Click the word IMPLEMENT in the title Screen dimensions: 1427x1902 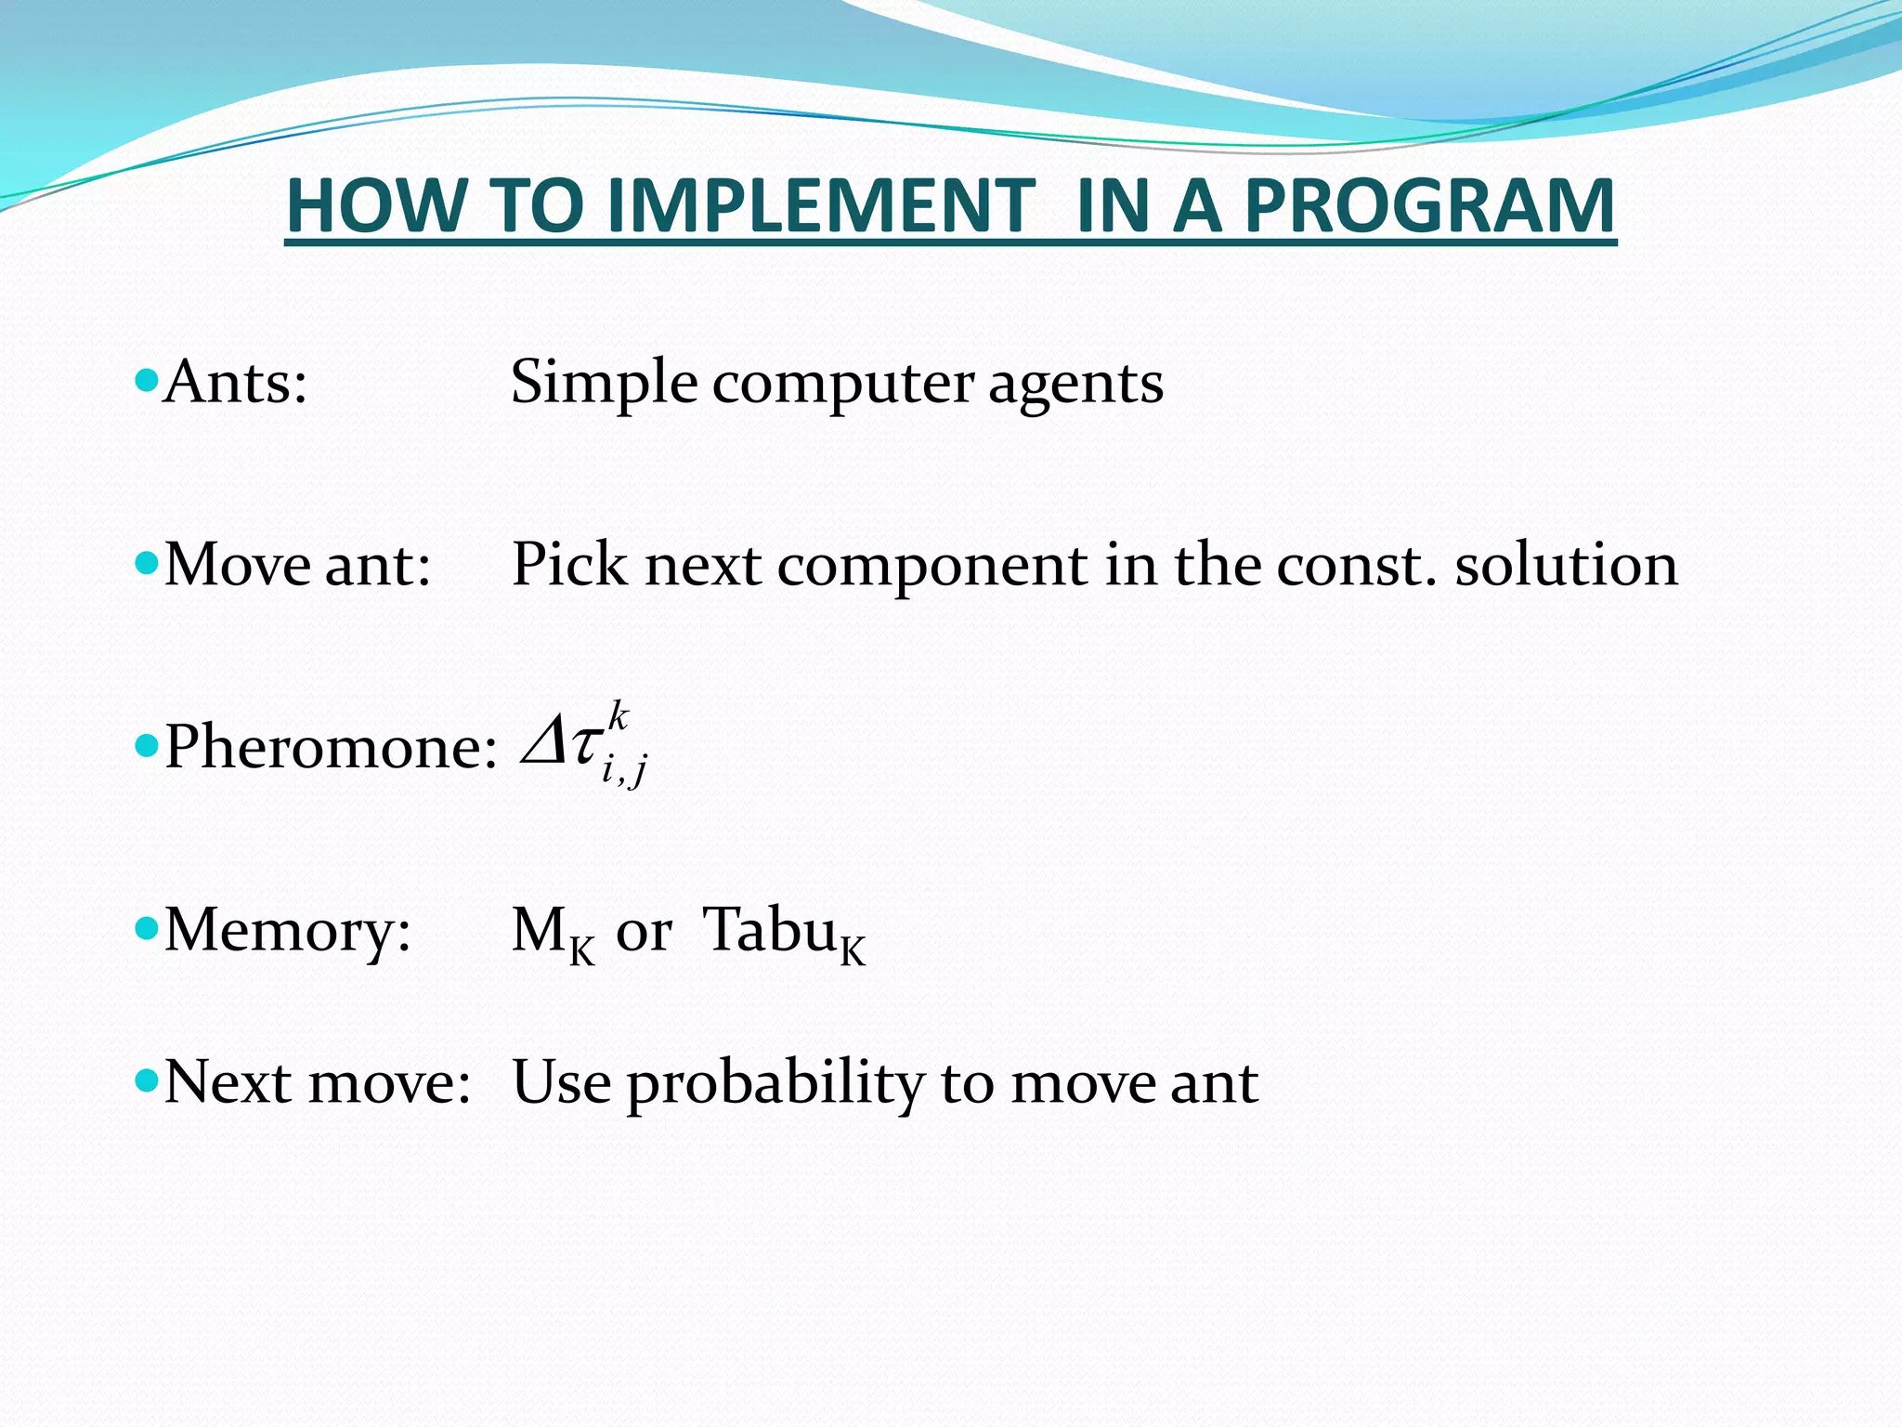(x=820, y=205)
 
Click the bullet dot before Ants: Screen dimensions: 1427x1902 (x=146, y=380)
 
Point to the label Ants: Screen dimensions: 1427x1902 (x=235, y=382)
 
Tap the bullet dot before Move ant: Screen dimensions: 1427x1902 (x=146, y=562)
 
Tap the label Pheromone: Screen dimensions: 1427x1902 (x=331, y=746)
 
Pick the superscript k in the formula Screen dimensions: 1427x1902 (x=619, y=717)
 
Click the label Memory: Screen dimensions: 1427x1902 (x=287, y=930)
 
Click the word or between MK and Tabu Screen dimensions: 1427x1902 (x=644, y=931)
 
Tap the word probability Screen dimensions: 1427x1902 (x=775, y=1084)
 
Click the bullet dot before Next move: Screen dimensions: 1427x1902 (x=146, y=1080)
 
